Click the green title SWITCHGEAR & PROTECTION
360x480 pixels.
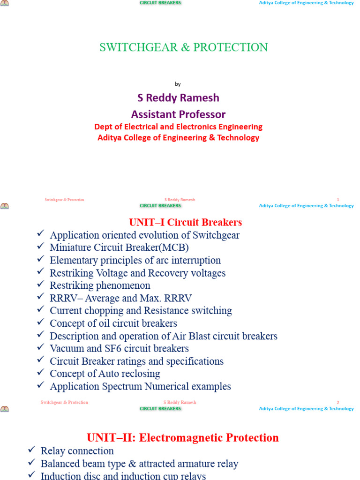pos(183,47)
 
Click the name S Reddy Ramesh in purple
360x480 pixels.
pos(178,98)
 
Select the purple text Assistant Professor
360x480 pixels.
pos(178,114)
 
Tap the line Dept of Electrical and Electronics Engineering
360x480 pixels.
pos(178,127)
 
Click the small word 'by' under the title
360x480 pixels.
pos(178,84)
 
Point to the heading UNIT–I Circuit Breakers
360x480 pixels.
pos(185,222)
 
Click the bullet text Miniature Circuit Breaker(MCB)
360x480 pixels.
pos(119,247)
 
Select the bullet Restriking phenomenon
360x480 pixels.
pos(100,285)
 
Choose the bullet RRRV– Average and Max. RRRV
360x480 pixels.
pos(120,298)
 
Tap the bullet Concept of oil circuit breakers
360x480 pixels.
pos(113,323)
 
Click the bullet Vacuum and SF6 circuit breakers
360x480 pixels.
pos(119,349)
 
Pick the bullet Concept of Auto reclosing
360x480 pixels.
pos(105,374)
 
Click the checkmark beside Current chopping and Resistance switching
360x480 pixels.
pos(40,310)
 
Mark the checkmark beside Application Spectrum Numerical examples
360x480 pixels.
pos(40,386)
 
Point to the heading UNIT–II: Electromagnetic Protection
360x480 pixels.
pos(183,438)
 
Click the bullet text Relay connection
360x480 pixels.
pos(77,451)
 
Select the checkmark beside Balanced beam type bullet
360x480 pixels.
pos(31,463)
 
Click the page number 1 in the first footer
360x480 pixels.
pos(338,200)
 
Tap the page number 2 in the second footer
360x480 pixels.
pos(338,403)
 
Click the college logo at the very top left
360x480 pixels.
pos(5,3)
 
